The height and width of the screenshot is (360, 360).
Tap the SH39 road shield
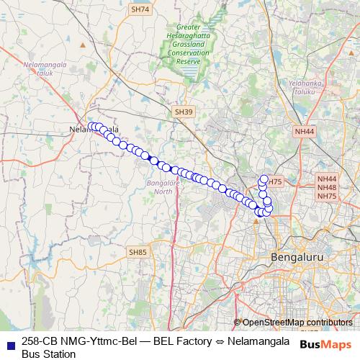[184, 112]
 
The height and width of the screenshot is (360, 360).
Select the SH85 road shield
[137, 252]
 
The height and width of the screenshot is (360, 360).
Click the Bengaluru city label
[294, 256]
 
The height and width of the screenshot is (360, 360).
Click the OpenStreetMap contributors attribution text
[297, 322]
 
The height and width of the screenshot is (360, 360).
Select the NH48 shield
[327, 187]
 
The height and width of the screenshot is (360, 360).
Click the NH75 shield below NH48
[327, 196]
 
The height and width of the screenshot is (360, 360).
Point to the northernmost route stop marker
[264, 179]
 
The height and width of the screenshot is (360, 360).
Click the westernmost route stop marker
[91, 126]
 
